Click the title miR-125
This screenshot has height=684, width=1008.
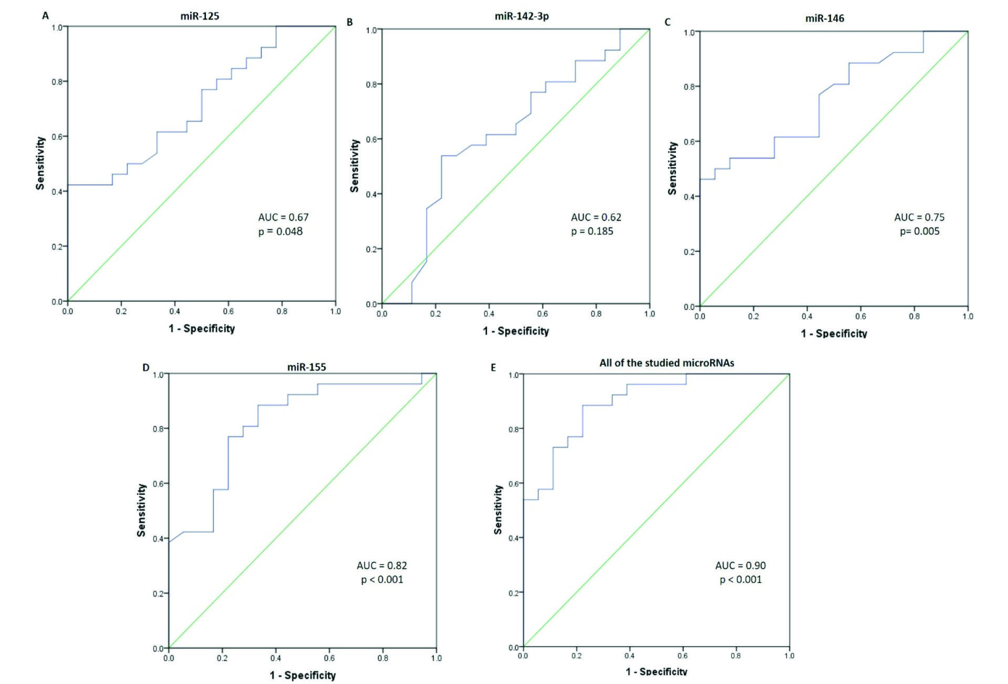tap(200, 16)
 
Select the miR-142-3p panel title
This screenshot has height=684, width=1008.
tap(522, 16)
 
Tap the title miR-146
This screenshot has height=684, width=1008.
tap(825, 18)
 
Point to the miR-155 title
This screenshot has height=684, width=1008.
tap(306, 367)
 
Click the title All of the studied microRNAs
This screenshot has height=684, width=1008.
tap(667, 363)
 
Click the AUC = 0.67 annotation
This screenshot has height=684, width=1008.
tap(283, 217)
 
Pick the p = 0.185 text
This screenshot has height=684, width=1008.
tap(592, 231)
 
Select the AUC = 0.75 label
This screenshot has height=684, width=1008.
tap(919, 217)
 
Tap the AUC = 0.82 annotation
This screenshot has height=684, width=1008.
tap(382, 566)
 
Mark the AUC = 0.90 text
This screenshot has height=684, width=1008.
tap(740, 566)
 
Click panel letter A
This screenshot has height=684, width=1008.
tap(46, 16)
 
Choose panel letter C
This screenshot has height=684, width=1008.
tap(668, 22)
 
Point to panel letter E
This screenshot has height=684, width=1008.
tap(493, 367)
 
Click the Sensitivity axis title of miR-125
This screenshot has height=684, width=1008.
tap(40, 163)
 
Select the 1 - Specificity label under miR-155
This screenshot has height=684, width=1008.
tap(303, 675)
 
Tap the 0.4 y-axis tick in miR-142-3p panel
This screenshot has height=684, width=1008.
tap(371, 195)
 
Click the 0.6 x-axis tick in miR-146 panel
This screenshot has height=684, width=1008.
tap(860, 317)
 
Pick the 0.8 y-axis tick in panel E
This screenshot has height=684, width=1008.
tap(514, 430)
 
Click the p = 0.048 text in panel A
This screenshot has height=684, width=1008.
tap(280, 231)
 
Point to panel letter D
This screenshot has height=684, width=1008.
tap(146, 367)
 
